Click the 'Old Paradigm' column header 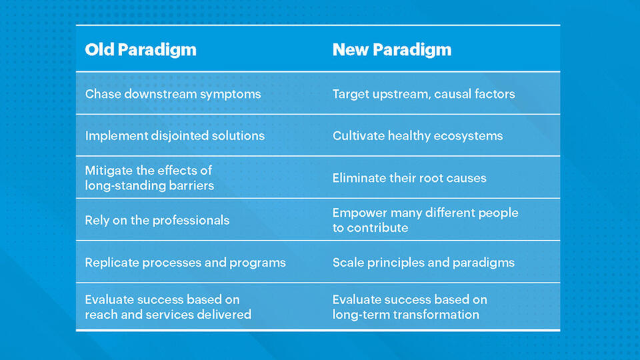pyautogui.click(x=141, y=50)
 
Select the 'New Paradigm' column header pyautogui.click(x=391, y=50)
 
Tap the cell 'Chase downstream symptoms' pyautogui.click(x=173, y=94)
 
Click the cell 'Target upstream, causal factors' pyautogui.click(x=423, y=94)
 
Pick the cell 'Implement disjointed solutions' pyautogui.click(x=175, y=136)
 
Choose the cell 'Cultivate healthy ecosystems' pyautogui.click(x=417, y=136)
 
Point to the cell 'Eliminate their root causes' pyautogui.click(x=409, y=178)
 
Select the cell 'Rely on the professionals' pyautogui.click(x=157, y=220)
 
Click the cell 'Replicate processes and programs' pyautogui.click(x=185, y=263)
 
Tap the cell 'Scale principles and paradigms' pyautogui.click(x=423, y=263)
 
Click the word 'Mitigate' pyautogui.click(x=109, y=171)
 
